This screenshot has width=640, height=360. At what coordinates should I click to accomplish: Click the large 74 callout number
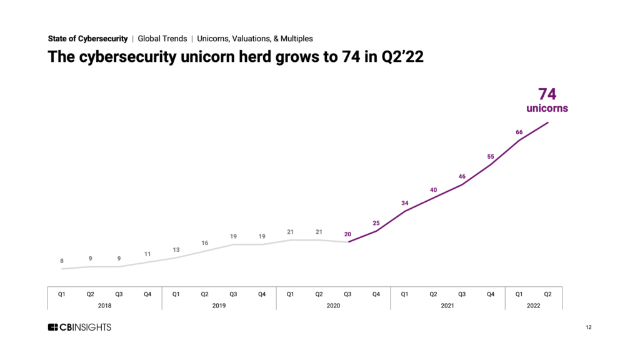pyautogui.click(x=547, y=94)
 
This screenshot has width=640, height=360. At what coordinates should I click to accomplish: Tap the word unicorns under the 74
pyautogui.click(x=547, y=109)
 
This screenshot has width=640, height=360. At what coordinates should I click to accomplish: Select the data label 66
pyautogui.click(x=519, y=132)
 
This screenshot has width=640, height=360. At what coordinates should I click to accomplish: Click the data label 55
pyautogui.click(x=490, y=157)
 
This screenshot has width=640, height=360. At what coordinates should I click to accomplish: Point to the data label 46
pyautogui.click(x=462, y=177)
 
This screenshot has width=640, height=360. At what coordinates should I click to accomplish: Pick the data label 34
pyautogui.click(x=404, y=203)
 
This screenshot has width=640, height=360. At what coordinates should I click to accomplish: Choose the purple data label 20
pyautogui.click(x=347, y=234)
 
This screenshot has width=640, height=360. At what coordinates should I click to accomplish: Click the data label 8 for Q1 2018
pyautogui.click(x=62, y=261)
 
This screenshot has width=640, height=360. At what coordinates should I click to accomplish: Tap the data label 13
pyautogui.click(x=176, y=250)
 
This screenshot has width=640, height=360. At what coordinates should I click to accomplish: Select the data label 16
pyautogui.click(x=204, y=243)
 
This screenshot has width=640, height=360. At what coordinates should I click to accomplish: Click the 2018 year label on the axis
pyautogui.click(x=104, y=306)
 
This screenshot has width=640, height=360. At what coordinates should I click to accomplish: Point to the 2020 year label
pyautogui.click(x=333, y=306)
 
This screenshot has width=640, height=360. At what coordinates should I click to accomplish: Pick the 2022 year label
pyautogui.click(x=533, y=306)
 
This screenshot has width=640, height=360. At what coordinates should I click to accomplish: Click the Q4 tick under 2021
pyautogui.click(x=491, y=294)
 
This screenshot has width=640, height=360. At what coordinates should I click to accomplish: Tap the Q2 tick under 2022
pyautogui.click(x=547, y=294)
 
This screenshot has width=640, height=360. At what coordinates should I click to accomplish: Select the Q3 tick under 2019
pyautogui.click(x=233, y=294)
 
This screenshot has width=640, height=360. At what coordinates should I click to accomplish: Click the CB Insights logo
pyautogui.click(x=79, y=327)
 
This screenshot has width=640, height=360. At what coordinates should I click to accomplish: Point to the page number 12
pyautogui.click(x=588, y=327)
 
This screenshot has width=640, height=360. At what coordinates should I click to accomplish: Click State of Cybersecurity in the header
pyautogui.click(x=87, y=39)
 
